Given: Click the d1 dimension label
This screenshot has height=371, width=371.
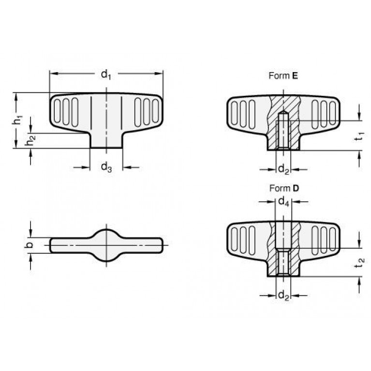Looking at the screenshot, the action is click(x=106, y=74).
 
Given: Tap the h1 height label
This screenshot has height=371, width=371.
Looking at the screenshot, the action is click(x=17, y=120).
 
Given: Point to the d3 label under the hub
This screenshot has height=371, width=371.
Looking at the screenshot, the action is click(x=106, y=167).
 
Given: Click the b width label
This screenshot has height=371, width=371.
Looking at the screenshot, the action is click(x=29, y=245).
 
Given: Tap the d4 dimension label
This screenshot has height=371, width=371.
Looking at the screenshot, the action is click(x=284, y=202).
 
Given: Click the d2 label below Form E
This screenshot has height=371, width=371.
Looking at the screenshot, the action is click(x=284, y=169).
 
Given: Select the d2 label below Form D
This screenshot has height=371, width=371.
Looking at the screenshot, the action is click(x=284, y=296).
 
